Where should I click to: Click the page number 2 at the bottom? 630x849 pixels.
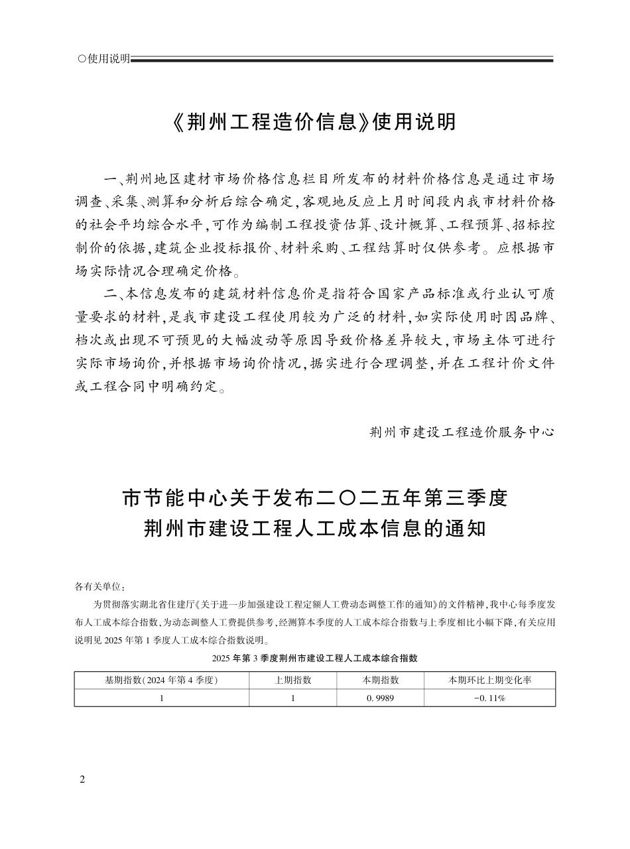[82, 779]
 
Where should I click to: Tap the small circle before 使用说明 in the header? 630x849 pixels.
[82, 59]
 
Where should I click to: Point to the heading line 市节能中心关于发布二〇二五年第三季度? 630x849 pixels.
[314, 497]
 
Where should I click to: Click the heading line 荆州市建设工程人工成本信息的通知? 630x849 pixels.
[314, 529]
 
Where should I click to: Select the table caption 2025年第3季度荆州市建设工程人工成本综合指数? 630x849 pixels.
[314, 658]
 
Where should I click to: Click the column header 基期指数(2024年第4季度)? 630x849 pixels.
[161, 681]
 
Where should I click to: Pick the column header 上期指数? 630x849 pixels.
[292, 681]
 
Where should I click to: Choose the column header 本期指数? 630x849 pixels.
[380, 681]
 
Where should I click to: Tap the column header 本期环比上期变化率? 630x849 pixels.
[489, 681]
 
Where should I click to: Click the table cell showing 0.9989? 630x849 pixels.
[380, 698]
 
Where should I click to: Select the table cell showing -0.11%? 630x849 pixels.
[489, 698]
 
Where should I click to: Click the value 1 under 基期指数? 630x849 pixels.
[161, 698]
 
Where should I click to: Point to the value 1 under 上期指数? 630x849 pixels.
[292, 698]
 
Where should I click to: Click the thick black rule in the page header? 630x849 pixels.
[342, 60]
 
